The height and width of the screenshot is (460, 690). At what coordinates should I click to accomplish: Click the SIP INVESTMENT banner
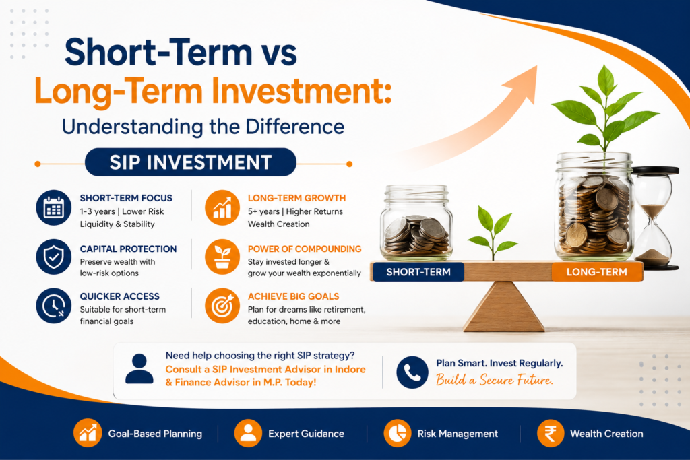190,162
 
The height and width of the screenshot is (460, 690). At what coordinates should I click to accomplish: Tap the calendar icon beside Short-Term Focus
54,207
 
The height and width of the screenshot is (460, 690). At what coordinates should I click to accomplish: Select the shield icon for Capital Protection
54,257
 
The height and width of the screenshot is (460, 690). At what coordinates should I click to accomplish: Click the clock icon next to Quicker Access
54,306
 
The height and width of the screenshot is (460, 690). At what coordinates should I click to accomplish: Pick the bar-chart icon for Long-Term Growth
222,207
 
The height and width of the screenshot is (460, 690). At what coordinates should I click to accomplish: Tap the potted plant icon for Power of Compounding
222,257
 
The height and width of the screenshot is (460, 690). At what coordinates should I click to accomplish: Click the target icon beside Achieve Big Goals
222,306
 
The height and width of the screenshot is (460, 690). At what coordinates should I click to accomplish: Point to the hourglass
654,218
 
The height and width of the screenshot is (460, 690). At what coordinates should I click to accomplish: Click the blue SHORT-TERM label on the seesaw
418,272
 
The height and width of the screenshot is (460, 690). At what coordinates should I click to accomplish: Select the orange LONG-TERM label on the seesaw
597,272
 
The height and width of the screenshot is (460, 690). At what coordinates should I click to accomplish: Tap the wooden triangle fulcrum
503,306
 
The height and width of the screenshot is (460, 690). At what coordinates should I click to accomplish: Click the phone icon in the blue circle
412,372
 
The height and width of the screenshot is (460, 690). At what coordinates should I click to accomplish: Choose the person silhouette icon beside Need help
139,368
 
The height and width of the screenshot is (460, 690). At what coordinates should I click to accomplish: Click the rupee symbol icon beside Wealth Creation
551,433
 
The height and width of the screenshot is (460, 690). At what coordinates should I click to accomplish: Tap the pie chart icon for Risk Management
398,433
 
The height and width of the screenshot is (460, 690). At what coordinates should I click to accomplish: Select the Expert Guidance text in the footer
307,434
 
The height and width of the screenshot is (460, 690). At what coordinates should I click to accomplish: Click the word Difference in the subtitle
295,127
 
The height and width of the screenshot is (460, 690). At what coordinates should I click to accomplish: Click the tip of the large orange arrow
537,67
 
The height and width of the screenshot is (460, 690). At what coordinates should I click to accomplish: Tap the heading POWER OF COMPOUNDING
305,249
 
